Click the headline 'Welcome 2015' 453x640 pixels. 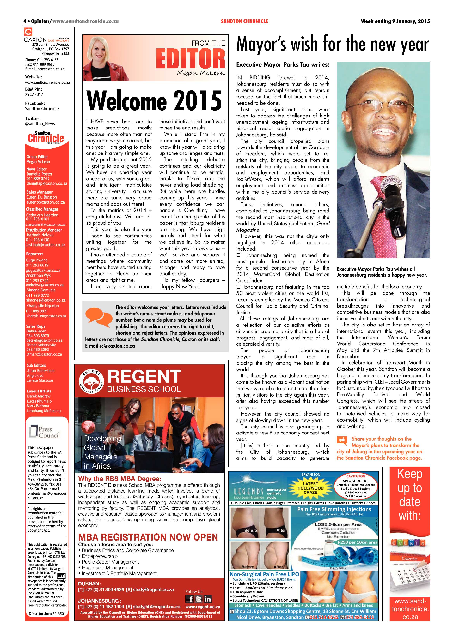[x=154, y=101]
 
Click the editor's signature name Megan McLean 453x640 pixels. [x=201, y=73]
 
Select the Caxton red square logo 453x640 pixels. [x=28, y=32]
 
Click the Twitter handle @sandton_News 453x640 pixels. [x=40, y=124]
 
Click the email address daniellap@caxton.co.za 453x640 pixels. [x=47, y=183]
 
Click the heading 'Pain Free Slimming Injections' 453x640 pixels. [x=334, y=509]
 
